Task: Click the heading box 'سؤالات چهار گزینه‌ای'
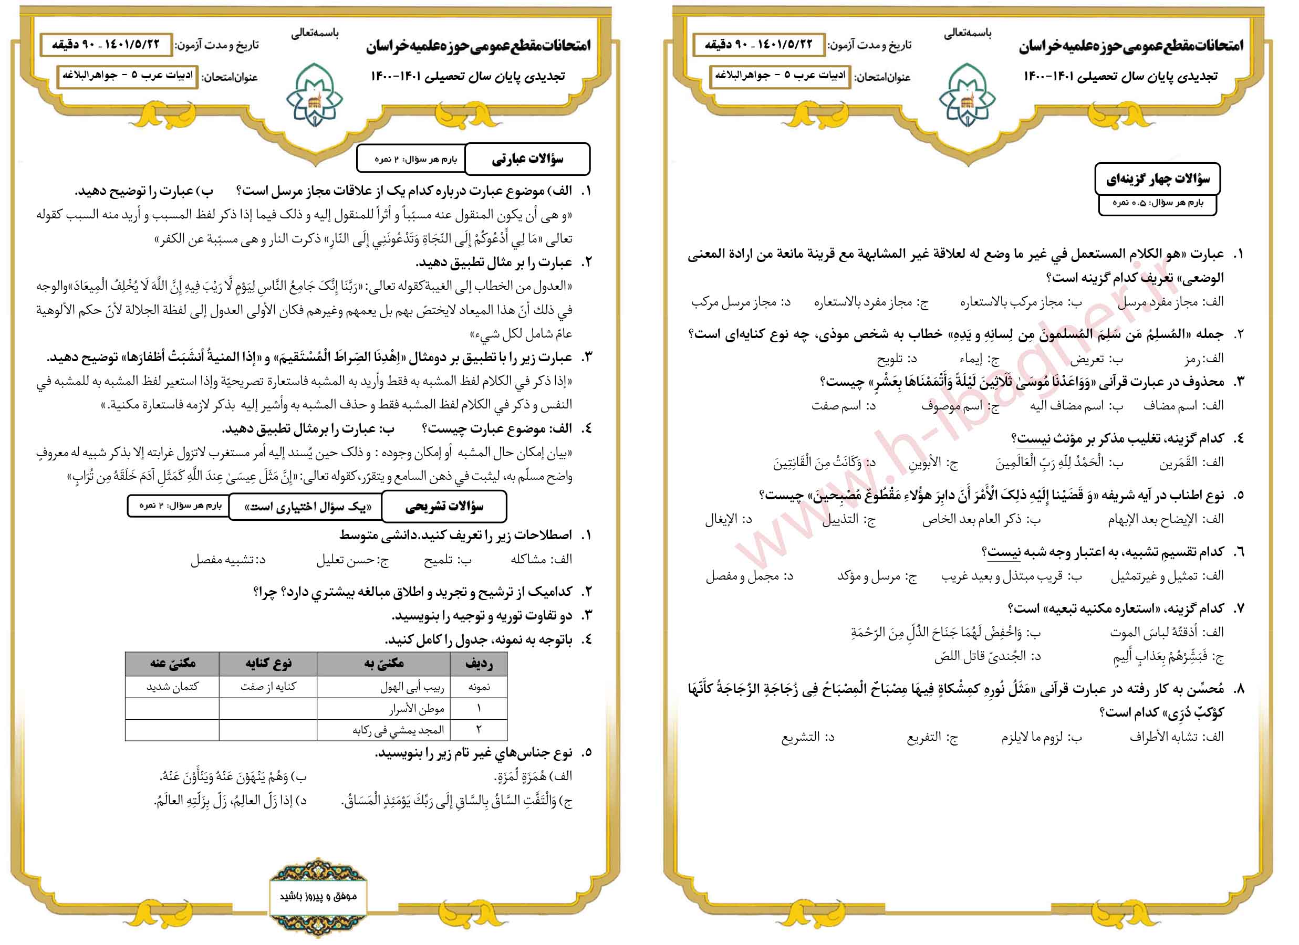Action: click(x=1158, y=179)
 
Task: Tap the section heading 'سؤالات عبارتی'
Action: click(x=527, y=159)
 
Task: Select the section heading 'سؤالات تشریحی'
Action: click(x=444, y=507)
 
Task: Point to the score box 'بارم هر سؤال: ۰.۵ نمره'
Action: click(x=1158, y=203)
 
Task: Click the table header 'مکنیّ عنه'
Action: click(x=172, y=664)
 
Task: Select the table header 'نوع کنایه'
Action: click(x=268, y=664)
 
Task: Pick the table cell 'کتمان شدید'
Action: click(x=172, y=686)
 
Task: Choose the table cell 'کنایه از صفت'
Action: click(x=268, y=686)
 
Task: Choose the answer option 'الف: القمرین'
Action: click(x=1191, y=463)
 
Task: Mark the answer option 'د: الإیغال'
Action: click(x=728, y=520)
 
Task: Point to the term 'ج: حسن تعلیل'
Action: click(x=351, y=560)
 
